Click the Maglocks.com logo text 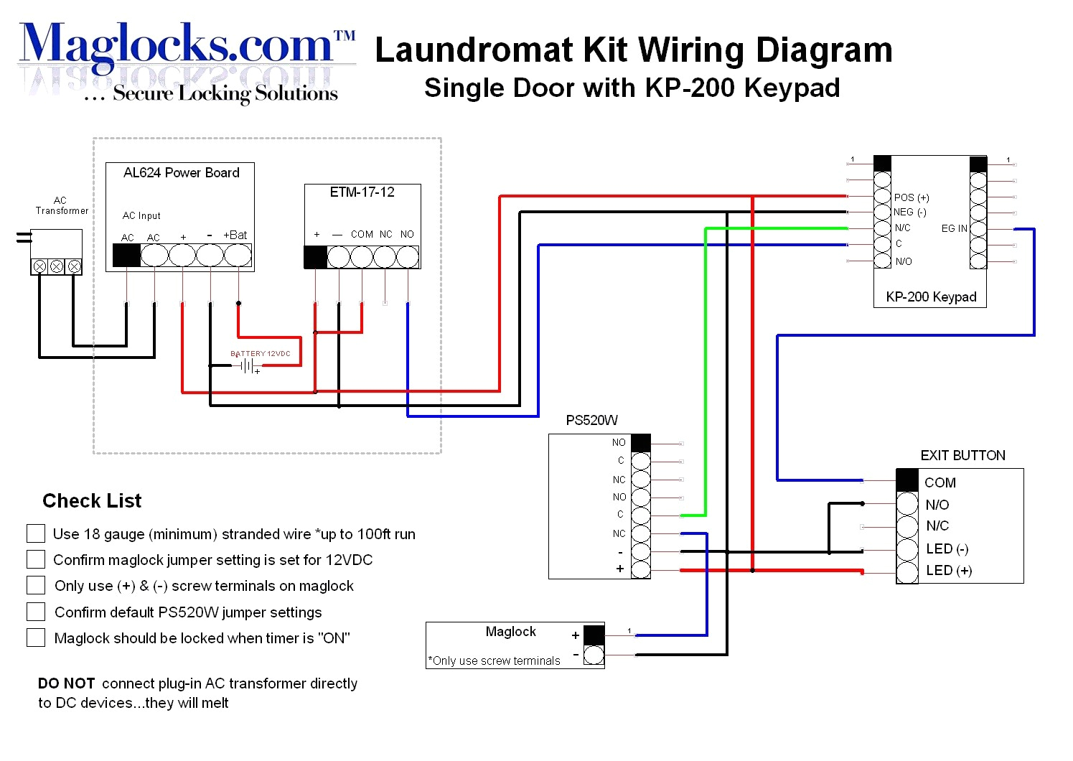point(179,45)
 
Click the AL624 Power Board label point(181,173)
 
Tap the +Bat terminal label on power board point(235,235)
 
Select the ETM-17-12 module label point(362,192)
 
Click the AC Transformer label point(62,206)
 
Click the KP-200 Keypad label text point(931,297)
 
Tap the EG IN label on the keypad point(954,228)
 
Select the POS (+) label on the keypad point(912,197)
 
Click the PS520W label point(591,421)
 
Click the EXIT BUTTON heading point(962,456)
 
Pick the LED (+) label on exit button point(949,571)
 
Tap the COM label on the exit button point(940,483)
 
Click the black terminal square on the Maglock point(594,635)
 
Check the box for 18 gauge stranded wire point(36,533)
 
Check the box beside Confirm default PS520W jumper point(36,612)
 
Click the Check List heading point(92,501)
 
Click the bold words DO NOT point(66,683)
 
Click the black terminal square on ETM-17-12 point(315,257)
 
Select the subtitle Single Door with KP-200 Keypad point(632,88)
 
